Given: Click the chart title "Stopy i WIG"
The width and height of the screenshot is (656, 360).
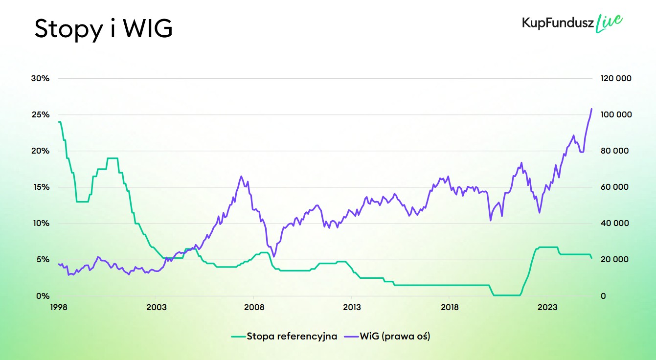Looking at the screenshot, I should pyautogui.click(x=103, y=29).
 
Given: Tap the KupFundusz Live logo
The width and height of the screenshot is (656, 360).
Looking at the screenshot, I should pyautogui.click(x=572, y=23).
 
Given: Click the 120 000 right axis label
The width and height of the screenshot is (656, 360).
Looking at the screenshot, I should pyautogui.click(x=615, y=78).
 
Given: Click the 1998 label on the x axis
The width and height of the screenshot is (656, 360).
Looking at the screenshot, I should pyautogui.click(x=58, y=307).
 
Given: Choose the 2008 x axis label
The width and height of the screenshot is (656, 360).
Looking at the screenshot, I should pyautogui.click(x=253, y=307).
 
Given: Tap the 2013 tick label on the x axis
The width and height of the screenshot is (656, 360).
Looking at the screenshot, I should pyautogui.click(x=352, y=307).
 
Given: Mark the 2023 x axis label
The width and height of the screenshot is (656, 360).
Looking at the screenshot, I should pyautogui.click(x=547, y=307).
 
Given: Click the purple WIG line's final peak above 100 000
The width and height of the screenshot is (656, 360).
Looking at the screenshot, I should pyautogui.click(x=591, y=109).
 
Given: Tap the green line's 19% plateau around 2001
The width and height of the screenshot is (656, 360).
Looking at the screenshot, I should pyautogui.click(x=113, y=158).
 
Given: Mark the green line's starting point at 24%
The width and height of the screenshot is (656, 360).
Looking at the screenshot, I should pyautogui.click(x=59, y=122).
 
